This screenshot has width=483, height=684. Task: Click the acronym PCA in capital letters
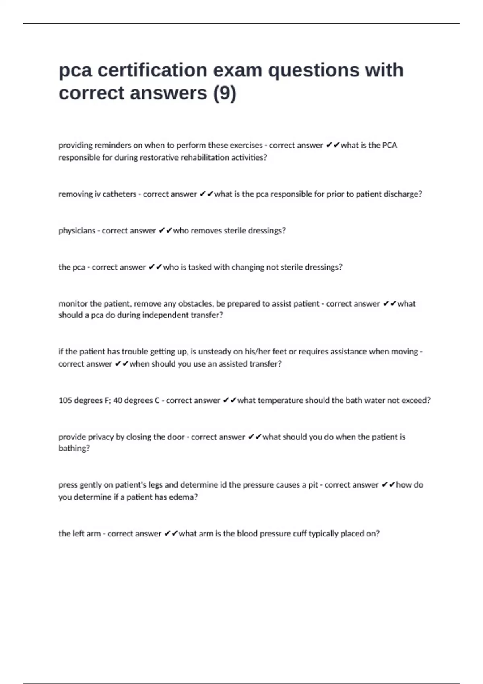click(389, 145)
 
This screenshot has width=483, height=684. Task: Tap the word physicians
click(77, 231)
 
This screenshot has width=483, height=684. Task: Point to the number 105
click(65, 400)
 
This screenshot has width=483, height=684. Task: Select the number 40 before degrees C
click(118, 400)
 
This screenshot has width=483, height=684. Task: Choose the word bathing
click(74, 448)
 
